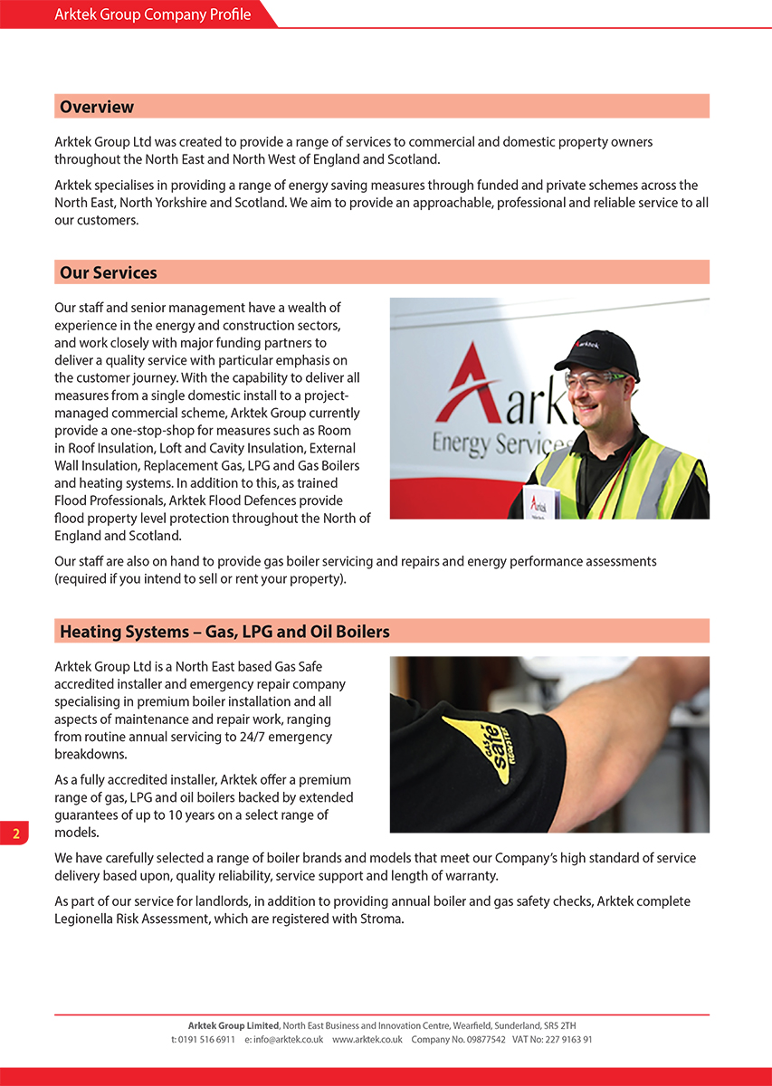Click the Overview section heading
[x=97, y=107]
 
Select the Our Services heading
[x=109, y=272]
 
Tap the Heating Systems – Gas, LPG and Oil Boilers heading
[x=224, y=631]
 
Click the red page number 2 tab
[x=14, y=833]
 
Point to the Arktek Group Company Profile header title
[x=152, y=14]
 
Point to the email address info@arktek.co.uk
[x=288, y=1040]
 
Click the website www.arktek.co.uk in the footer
[x=367, y=1040]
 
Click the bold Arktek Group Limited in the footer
[x=234, y=1025]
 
